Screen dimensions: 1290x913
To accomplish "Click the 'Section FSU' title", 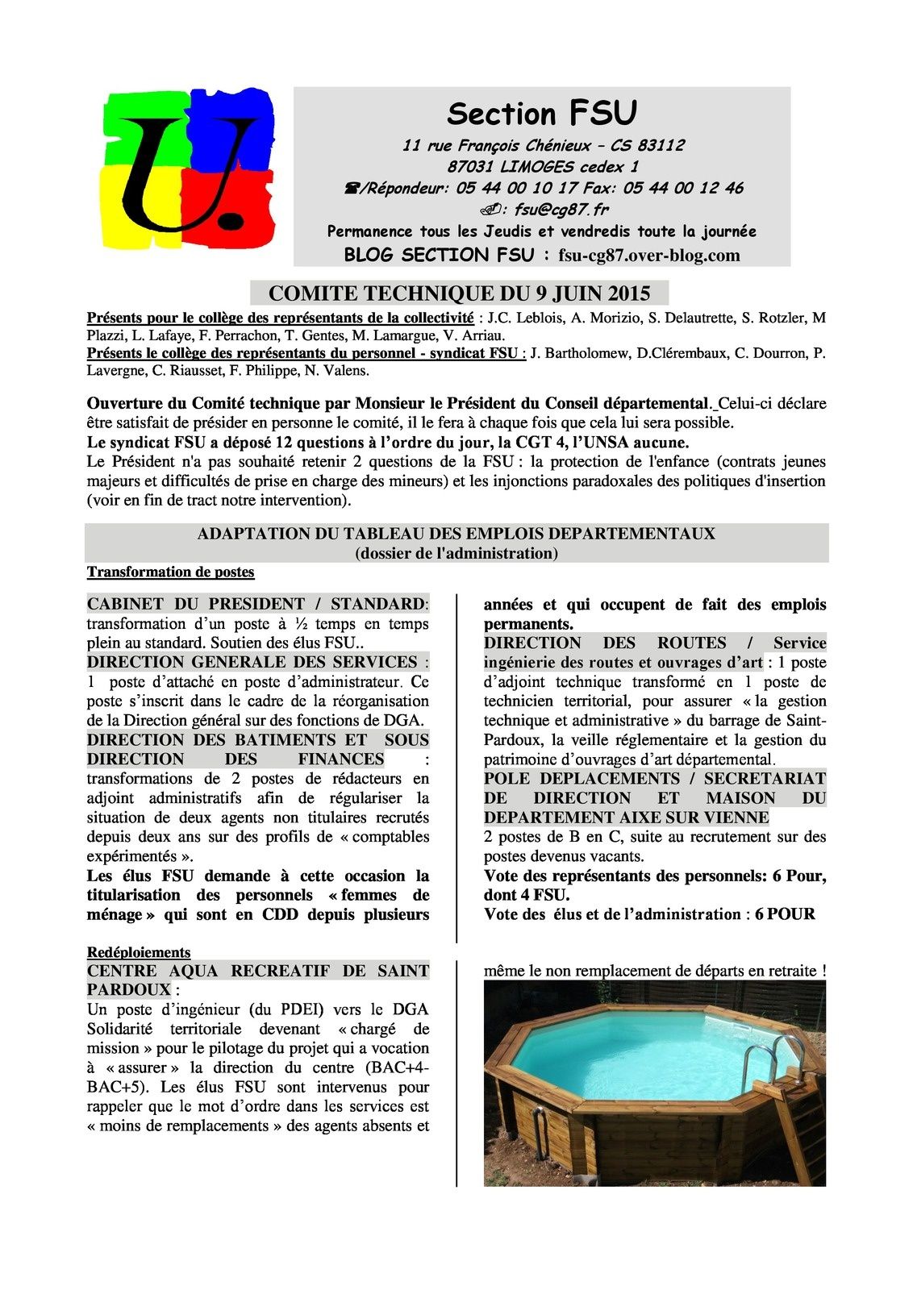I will [541, 114].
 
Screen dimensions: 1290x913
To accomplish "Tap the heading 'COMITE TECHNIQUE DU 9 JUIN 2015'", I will [458, 293].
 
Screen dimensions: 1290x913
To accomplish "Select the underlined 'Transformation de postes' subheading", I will [170, 572].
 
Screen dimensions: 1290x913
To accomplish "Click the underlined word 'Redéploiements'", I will [139, 952].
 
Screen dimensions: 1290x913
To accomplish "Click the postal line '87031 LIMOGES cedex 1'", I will [542, 167].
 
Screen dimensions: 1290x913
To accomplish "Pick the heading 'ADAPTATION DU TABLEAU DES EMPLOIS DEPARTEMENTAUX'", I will [456, 534].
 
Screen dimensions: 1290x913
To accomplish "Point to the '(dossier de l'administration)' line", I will [456, 553].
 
